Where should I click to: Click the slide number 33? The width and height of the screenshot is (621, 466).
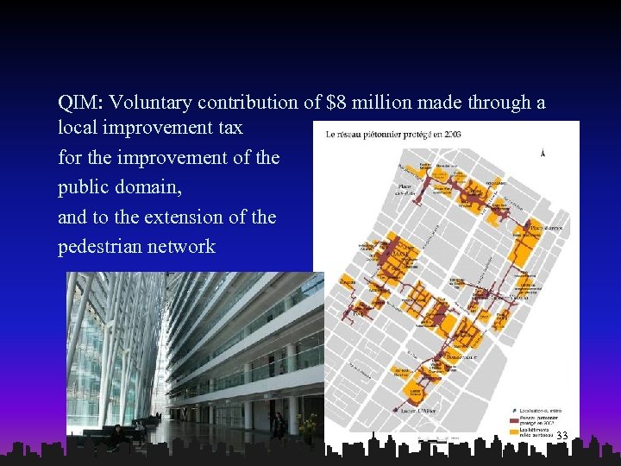[562, 436]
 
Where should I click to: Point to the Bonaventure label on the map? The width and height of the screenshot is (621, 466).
[461, 356]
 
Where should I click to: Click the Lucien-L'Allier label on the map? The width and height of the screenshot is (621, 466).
[419, 411]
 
